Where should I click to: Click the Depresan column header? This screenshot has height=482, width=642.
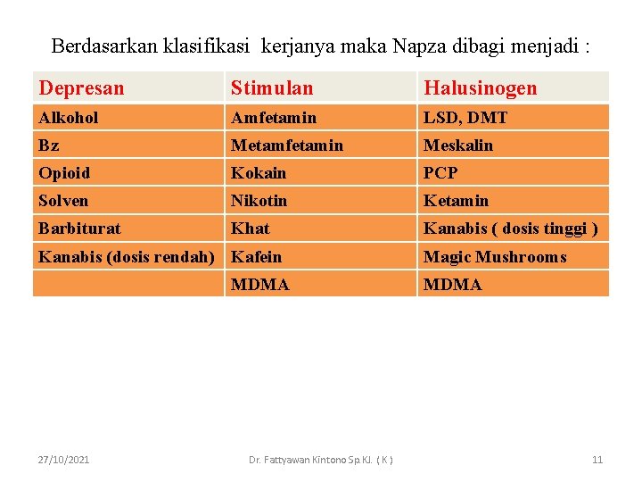[82, 87]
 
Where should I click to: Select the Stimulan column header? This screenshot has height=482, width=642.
[272, 87]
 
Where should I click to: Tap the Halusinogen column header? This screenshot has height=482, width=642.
[481, 87]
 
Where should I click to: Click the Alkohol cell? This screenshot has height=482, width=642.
[69, 117]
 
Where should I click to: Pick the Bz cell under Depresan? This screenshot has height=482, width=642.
[49, 145]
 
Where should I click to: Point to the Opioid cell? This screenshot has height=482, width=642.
[64, 172]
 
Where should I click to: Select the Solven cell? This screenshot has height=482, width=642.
[63, 200]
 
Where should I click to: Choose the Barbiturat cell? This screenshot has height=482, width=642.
[79, 228]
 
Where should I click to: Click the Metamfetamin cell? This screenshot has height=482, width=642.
[287, 145]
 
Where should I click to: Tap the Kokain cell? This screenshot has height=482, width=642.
[259, 172]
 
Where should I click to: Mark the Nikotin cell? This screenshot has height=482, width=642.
[259, 200]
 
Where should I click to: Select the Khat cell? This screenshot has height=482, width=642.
[250, 228]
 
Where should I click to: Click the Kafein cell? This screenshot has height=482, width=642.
[257, 256]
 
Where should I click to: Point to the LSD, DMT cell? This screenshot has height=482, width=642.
[465, 117]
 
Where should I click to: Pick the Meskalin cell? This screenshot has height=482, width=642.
[458, 145]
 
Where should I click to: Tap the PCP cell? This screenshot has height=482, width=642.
[440, 172]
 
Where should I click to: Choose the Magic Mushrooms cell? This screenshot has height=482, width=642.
[495, 256]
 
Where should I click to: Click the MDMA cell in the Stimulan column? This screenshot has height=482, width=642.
[260, 284]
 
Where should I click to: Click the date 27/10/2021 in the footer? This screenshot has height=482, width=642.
[63, 459]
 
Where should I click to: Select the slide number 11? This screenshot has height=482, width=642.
[597, 459]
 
